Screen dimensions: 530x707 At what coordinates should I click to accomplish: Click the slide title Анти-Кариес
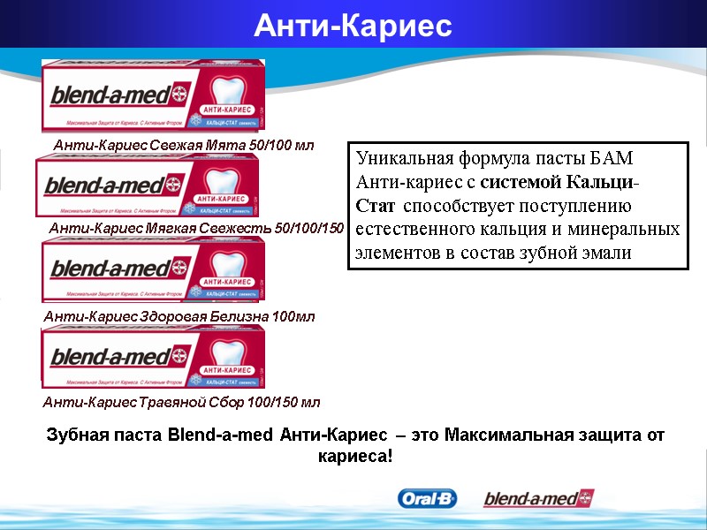coord(353,26)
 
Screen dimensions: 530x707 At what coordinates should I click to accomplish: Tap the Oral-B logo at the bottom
coord(427,499)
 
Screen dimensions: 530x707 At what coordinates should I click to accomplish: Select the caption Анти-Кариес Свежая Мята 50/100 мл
coord(183,144)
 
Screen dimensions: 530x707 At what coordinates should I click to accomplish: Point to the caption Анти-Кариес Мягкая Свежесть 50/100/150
coord(195,229)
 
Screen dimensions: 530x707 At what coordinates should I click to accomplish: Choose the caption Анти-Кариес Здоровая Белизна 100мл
coord(179,315)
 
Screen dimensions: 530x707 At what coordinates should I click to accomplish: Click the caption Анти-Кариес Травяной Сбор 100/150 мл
coord(181,402)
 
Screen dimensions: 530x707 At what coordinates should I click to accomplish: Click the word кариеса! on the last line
coord(353,458)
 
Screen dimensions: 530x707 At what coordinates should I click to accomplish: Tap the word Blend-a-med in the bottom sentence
coord(219,435)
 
